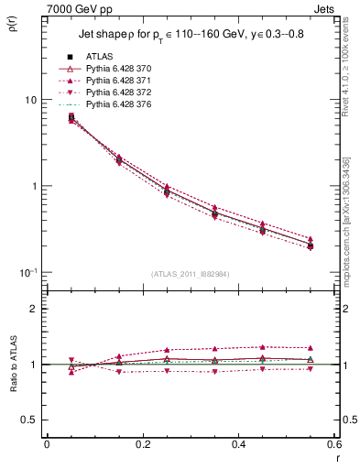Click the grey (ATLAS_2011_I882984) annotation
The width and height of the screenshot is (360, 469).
coord(190,274)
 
